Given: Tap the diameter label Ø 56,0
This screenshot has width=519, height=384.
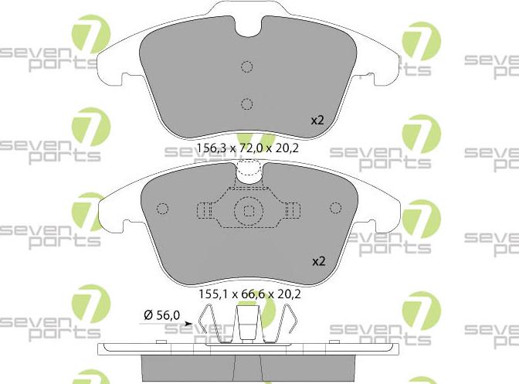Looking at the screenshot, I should (x=161, y=314).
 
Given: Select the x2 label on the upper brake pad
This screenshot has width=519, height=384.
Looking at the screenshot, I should (x=318, y=121).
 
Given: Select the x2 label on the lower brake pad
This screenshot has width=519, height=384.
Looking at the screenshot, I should (x=318, y=261).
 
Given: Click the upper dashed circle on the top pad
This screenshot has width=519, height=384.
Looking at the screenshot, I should (x=246, y=66).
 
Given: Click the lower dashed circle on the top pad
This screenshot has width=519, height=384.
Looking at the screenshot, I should (x=246, y=104).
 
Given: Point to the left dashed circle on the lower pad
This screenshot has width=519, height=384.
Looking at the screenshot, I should (x=162, y=209).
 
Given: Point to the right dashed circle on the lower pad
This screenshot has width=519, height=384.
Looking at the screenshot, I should (x=335, y=208).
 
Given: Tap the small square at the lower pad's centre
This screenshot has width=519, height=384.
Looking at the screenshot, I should (x=248, y=210).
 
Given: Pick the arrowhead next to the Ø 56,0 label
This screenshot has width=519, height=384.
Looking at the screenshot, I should (x=189, y=315).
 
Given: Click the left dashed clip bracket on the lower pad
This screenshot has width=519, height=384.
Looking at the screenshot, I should (x=205, y=210).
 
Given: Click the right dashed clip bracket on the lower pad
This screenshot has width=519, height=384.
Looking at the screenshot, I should (x=292, y=210).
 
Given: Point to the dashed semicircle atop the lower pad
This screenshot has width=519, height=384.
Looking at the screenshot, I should (x=248, y=170).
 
